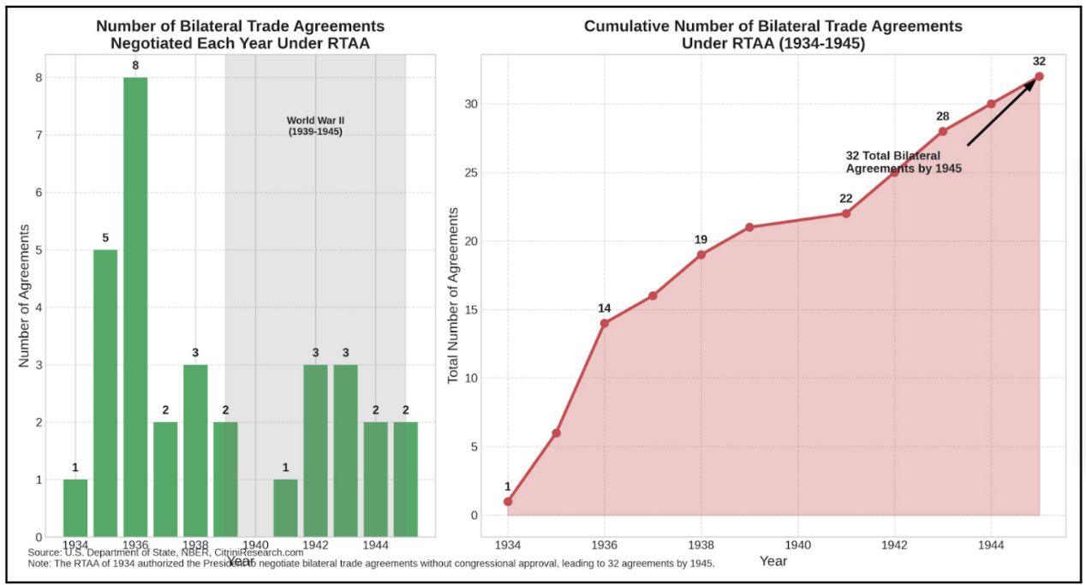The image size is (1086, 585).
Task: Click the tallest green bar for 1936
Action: [135, 307]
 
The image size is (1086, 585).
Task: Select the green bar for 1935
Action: [105, 393]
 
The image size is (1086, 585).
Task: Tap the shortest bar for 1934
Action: [75, 508]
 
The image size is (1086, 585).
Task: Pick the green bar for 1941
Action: [285, 508]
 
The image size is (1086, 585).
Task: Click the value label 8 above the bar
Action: [135, 64]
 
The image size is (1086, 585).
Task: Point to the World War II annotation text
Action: [315, 126]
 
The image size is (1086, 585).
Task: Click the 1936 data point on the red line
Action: [605, 323]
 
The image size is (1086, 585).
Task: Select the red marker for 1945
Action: [1039, 76]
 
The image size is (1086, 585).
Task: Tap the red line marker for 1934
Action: [508, 501]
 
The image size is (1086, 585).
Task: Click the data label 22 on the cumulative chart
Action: [845, 199]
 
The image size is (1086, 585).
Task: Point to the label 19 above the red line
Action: [701, 240]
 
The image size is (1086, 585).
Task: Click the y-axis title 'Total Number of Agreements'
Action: [454, 294]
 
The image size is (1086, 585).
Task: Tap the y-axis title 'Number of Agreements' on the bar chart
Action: [26, 295]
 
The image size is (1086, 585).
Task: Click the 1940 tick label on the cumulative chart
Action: [797, 544]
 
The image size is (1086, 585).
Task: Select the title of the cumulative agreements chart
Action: [773, 34]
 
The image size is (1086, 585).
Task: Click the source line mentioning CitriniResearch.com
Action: [166, 552]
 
